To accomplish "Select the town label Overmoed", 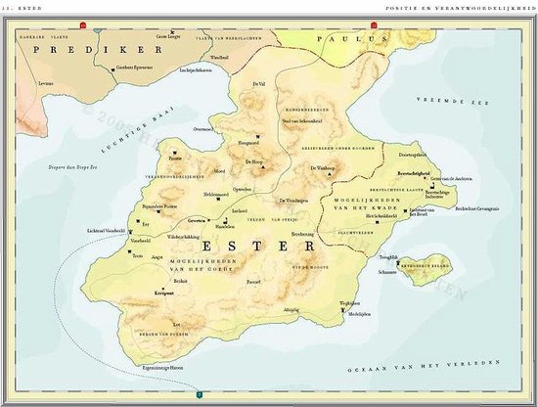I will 203,128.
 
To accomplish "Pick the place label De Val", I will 258,85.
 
